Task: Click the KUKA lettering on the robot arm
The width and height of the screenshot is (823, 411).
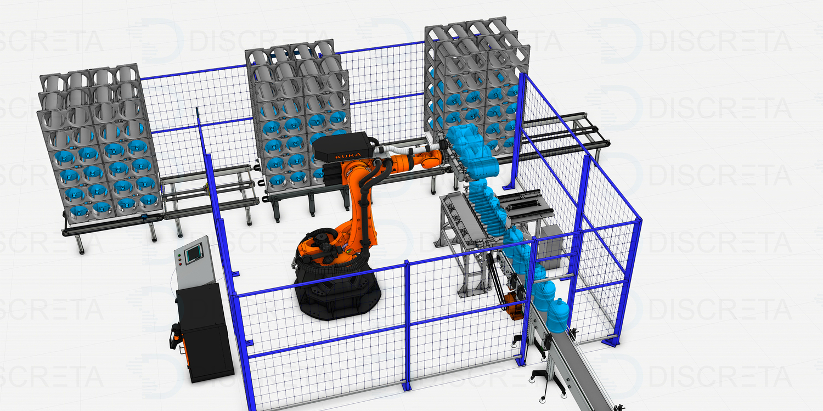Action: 347,156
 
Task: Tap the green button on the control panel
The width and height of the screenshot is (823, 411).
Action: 179,255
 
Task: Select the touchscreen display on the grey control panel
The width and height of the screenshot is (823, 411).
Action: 194,253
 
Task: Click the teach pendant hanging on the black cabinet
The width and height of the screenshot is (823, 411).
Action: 176,336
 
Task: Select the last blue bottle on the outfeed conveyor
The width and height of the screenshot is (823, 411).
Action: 557,316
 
